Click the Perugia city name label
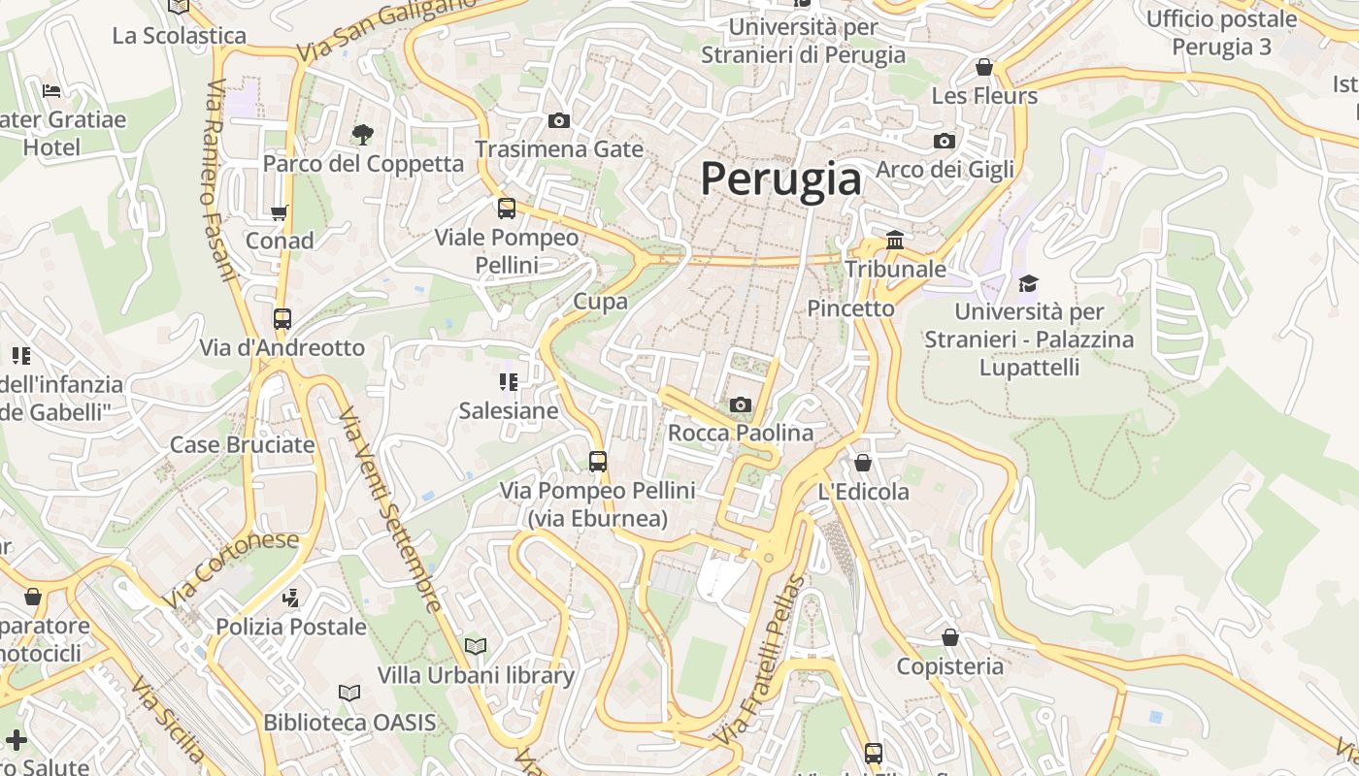click(x=780, y=179)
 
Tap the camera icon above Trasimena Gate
click(x=559, y=121)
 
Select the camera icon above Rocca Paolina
click(x=741, y=404)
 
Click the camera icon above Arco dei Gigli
click(x=945, y=142)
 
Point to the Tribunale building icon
click(x=895, y=240)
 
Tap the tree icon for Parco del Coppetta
click(x=363, y=134)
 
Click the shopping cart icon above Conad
click(x=280, y=212)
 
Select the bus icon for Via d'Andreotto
click(x=282, y=319)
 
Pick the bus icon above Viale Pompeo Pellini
click(x=507, y=209)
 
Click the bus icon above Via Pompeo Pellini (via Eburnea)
click(x=598, y=462)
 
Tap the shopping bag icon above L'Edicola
click(x=863, y=463)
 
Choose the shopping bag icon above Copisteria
click(x=950, y=637)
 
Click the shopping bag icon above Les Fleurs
click(x=984, y=67)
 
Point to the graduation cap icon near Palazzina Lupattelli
click(x=1028, y=283)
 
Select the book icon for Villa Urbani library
click(x=476, y=646)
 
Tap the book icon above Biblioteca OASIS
click(x=349, y=694)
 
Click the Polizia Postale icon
click(x=290, y=598)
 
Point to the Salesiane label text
click(x=509, y=410)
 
